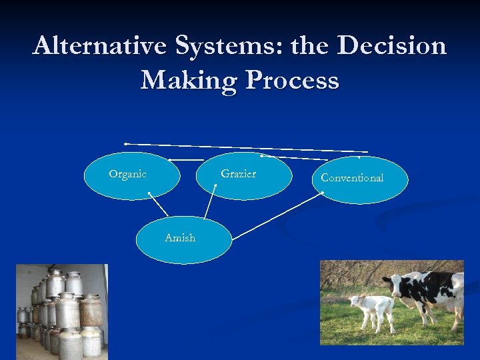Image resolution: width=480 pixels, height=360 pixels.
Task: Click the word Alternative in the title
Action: pyautogui.click(x=99, y=46)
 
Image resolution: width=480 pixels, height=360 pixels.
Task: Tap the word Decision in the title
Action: pyautogui.click(x=392, y=46)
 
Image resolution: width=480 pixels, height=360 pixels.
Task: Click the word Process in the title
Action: pyautogui.click(x=292, y=81)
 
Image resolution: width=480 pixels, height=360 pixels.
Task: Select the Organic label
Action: pyautogui.click(x=127, y=174)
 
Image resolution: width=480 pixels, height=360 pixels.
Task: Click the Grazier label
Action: pyautogui.click(x=238, y=174)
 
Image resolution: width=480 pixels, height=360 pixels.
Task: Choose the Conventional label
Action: pyautogui.click(x=352, y=178)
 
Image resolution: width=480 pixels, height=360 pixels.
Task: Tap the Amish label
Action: pyautogui.click(x=180, y=238)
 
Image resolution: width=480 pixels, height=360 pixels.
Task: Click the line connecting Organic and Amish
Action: pyautogui.click(x=159, y=205)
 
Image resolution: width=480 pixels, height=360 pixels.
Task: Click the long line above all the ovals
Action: pyautogui.click(x=247, y=147)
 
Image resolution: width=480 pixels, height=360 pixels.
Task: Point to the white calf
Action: pyautogui.click(x=371, y=309)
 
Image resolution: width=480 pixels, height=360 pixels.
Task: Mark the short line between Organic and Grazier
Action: pyautogui.click(x=187, y=159)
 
